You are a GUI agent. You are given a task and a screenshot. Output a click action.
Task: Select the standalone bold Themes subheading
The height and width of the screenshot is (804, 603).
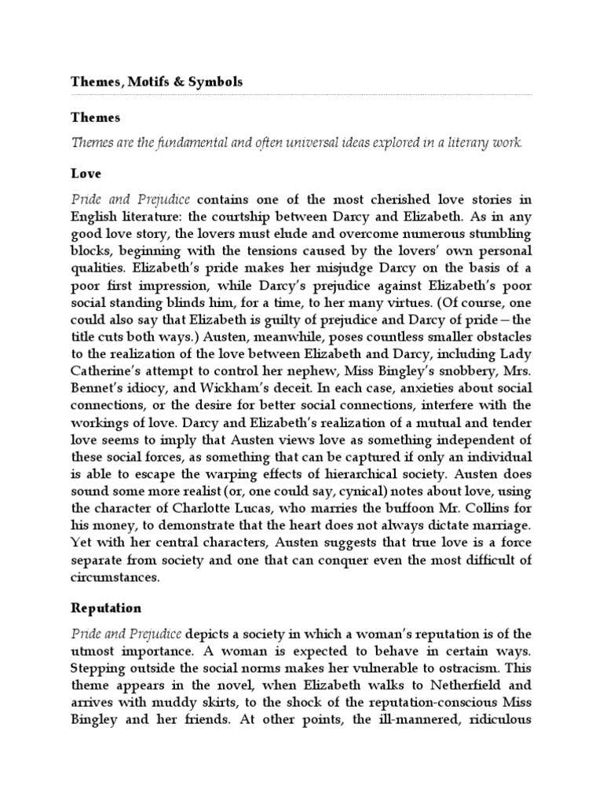pos(96,118)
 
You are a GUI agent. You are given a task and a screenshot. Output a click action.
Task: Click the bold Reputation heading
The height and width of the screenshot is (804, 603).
pos(106,608)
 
